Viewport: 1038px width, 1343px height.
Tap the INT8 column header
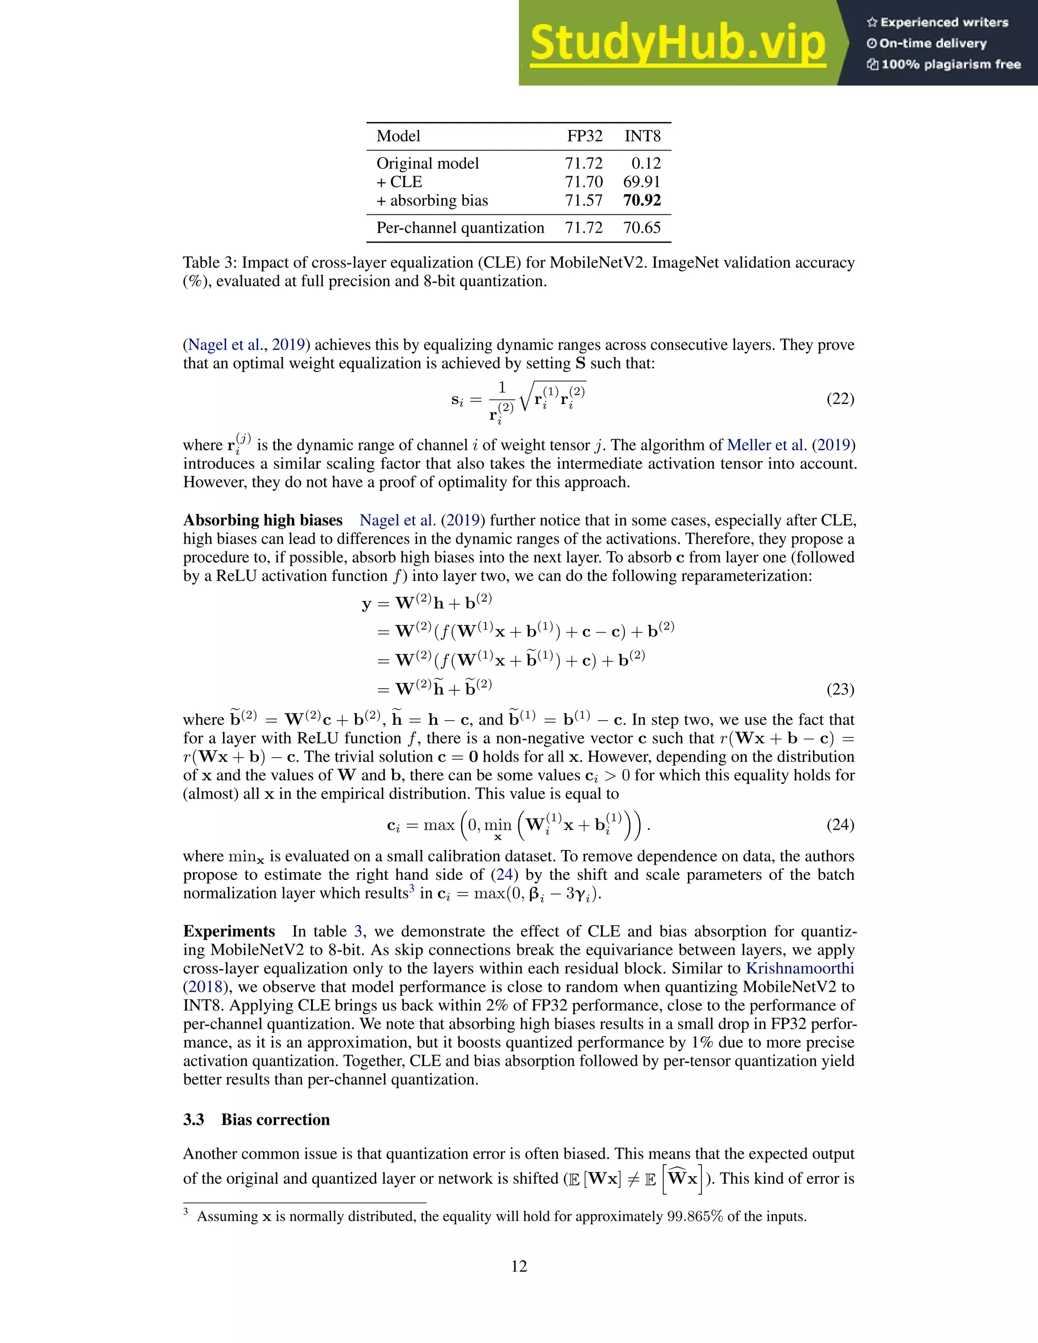coord(642,136)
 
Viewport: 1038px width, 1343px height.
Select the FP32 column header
coord(584,136)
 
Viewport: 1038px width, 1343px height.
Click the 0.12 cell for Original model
coord(646,164)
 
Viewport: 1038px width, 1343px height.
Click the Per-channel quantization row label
coord(460,228)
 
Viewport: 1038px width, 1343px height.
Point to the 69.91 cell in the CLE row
coord(641,182)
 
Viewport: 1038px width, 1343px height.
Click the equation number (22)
coord(840,399)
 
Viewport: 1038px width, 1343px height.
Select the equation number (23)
coord(840,689)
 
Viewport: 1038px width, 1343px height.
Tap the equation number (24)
coord(840,825)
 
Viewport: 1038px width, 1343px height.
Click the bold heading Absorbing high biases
coord(263,520)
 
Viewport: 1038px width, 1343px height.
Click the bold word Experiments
coord(229,931)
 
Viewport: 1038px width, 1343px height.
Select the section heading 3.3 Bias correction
coord(256,1119)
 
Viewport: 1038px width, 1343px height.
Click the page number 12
coord(519,1266)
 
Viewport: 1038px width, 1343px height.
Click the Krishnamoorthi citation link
coord(799,968)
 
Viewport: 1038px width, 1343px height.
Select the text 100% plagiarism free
coord(951,64)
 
